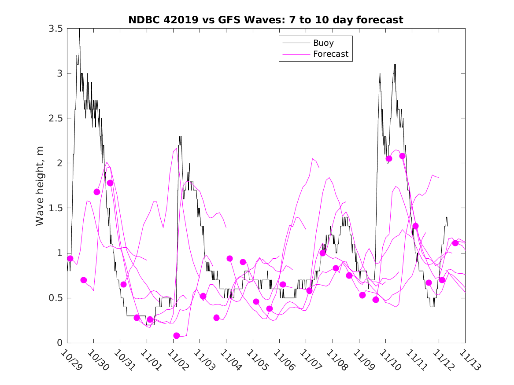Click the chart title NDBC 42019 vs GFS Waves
(x=266, y=20)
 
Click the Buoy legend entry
(x=323, y=43)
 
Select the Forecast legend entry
(x=330, y=54)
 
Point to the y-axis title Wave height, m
(x=40, y=186)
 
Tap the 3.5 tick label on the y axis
(x=55, y=29)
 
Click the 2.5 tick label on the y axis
(x=55, y=118)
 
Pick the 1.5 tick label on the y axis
(x=55, y=208)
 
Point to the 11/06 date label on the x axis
(x=282, y=360)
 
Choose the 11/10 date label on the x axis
(x=388, y=360)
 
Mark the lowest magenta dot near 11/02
(x=177, y=336)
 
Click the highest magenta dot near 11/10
(x=402, y=156)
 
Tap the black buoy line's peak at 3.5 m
(x=79, y=29)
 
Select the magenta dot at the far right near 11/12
(x=455, y=243)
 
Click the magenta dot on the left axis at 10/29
(x=70, y=258)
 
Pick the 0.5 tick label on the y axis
(x=55, y=298)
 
